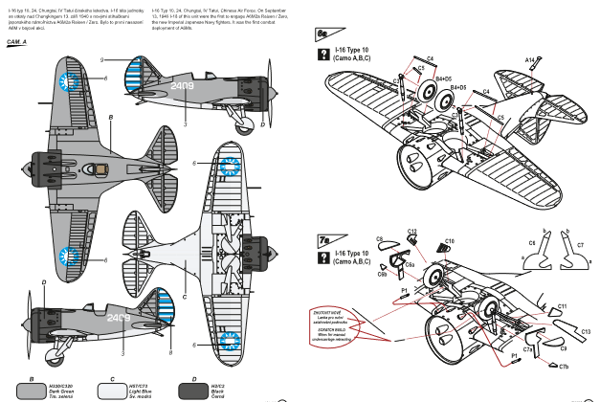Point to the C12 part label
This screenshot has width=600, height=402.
tap(411, 231)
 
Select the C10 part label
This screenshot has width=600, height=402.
tap(450, 241)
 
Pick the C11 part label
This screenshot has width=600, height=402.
tap(564, 306)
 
